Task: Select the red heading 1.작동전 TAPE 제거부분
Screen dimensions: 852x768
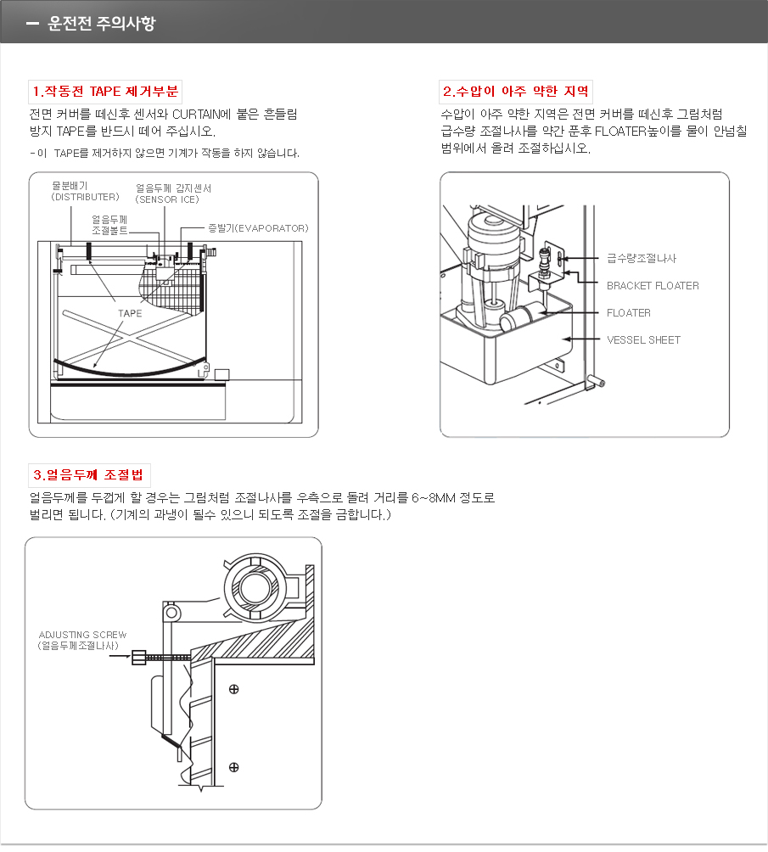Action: [x=104, y=92]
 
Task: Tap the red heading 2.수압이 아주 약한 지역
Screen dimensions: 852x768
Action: [x=516, y=92]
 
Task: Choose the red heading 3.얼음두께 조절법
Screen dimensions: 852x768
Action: [x=89, y=474]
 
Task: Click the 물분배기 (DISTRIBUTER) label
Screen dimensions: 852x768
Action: [x=85, y=191]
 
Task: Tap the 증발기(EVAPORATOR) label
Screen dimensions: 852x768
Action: [x=258, y=228]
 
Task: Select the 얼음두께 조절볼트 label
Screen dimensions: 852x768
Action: [x=109, y=224]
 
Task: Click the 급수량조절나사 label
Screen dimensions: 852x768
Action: [x=641, y=258]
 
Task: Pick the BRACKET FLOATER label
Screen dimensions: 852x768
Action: [x=652, y=286]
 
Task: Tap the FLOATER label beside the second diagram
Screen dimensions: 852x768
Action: [x=628, y=313]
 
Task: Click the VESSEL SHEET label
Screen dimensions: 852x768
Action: [x=643, y=340]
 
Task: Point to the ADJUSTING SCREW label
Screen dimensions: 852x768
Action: [x=82, y=635]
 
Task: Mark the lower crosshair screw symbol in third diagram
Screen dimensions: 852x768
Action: [x=233, y=768]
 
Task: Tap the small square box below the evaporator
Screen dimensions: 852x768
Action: [x=222, y=374]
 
